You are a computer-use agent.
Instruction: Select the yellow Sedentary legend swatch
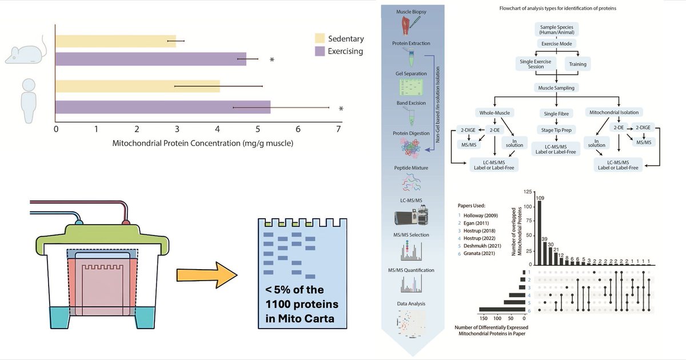tap(320, 39)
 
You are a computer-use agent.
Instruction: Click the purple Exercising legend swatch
tap(320, 52)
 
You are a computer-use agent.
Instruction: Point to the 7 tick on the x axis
tap(339, 129)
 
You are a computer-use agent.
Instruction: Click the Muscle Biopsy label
tap(412, 12)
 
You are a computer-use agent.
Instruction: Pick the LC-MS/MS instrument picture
tap(411, 219)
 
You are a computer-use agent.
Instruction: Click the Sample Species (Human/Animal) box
tap(557, 30)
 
